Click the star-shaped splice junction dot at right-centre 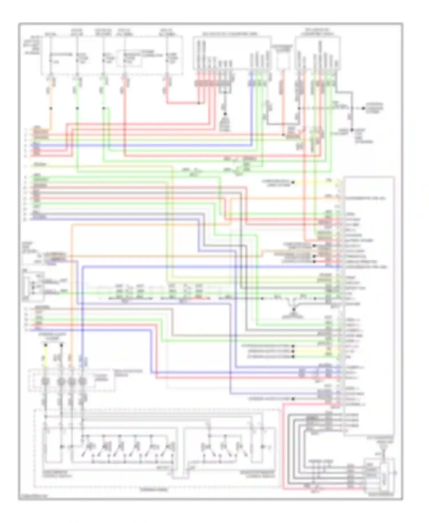[294, 309]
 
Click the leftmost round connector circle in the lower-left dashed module [45, 381]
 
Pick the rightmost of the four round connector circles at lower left [82, 381]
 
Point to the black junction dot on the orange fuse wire [51, 108]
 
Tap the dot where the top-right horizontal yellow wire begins [293, 182]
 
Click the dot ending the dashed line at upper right [363, 108]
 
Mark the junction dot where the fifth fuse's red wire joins [199, 103]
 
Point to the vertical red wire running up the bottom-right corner [283, 446]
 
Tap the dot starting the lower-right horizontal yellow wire [293, 351]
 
